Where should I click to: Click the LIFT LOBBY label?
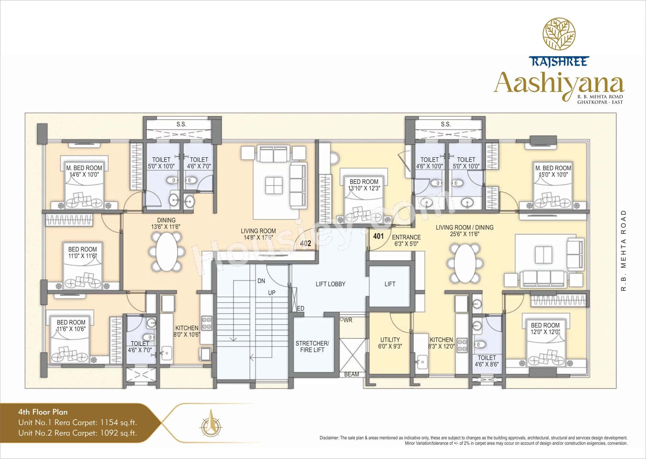coord(330,284)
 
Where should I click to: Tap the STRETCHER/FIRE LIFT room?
coord(312,347)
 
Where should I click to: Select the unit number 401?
coord(378,236)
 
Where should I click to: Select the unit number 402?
coord(305,244)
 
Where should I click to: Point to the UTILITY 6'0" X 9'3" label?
coord(390,343)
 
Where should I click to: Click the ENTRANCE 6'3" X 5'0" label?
coord(406,240)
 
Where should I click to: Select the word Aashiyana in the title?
coord(558,83)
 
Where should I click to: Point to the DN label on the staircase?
coord(261,281)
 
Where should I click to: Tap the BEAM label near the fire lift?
coord(351,374)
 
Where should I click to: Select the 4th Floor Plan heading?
coord(43,412)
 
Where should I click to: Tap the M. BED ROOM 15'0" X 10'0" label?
coord(553,171)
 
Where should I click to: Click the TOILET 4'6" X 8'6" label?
coord(487,361)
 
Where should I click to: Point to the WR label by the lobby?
coord(348,320)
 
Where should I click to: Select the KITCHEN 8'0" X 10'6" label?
coord(187,331)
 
